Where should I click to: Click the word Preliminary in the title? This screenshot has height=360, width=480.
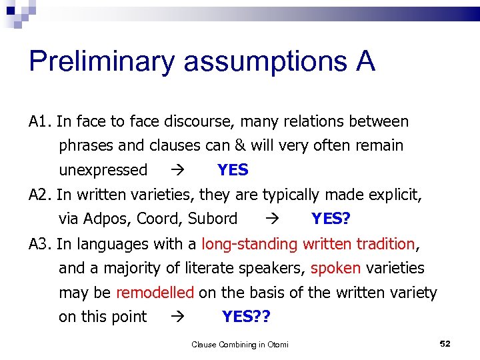coord(102,62)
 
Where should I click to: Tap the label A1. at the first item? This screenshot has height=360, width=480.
coord(41,121)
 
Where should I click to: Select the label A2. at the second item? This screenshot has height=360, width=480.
coord(41,195)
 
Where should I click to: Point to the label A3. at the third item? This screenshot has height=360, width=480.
coord(41,244)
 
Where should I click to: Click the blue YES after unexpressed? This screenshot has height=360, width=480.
coord(233,170)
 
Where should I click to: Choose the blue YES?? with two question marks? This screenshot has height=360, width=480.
coord(246,317)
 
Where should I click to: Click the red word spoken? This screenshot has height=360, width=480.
coord(336,268)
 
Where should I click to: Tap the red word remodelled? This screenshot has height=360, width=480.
coord(155,293)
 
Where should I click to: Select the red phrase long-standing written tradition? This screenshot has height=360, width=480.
coord(308,244)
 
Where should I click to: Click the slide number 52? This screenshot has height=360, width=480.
coord(445,343)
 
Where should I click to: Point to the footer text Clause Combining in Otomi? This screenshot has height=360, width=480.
coord(240,345)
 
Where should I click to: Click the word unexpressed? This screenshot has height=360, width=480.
coord(103,170)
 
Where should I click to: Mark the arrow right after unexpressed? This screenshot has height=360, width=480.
coord(176,171)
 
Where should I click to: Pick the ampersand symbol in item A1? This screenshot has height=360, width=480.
coord(239,145)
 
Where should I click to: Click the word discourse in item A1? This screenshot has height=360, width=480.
coord(201,121)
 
